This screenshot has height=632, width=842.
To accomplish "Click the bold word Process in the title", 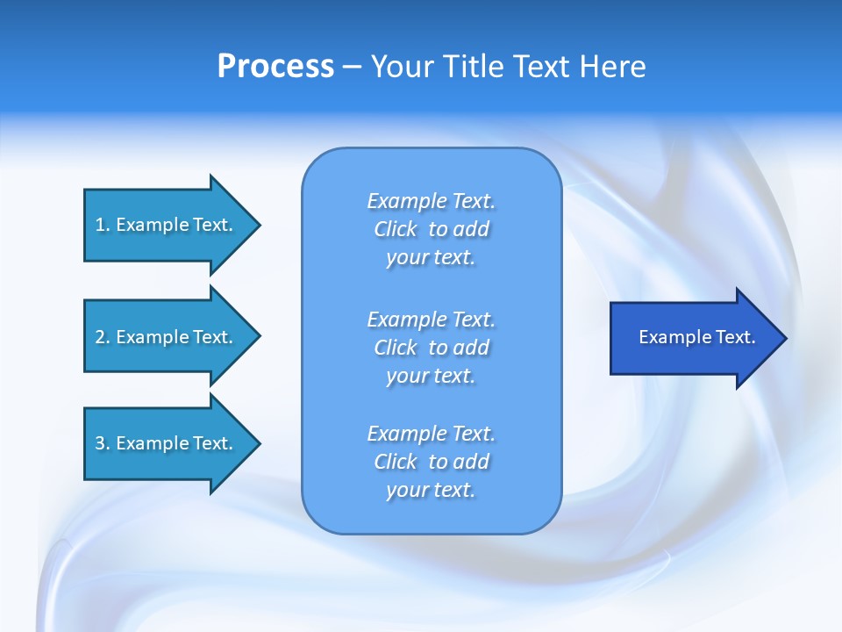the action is pyautogui.click(x=275, y=67).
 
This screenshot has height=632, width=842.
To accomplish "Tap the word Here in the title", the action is pyautogui.click(x=612, y=67).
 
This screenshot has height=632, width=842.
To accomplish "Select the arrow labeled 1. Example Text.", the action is pyautogui.click(x=172, y=226).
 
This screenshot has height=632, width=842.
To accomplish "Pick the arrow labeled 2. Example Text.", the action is pyautogui.click(x=172, y=336).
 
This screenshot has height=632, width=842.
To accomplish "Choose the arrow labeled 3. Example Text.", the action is pyautogui.click(x=172, y=443).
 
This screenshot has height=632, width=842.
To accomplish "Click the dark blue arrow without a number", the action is pyautogui.click(x=698, y=338).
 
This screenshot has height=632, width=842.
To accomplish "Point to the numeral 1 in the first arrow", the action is pyautogui.click(x=99, y=226).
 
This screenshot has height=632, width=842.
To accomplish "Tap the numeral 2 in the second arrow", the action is pyautogui.click(x=100, y=337).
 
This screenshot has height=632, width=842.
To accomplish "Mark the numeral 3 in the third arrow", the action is pyautogui.click(x=100, y=443).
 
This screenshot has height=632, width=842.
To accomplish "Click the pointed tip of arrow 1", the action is pyautogui.click(x=260, y=226).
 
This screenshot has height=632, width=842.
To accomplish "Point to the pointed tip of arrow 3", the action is pyautogui.click(x=260, y=444).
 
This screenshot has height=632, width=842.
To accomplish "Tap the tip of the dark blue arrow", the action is pyautogui.click(x=787, y=339).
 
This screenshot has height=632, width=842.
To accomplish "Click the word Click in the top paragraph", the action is pyautogui.click(x=396, y=229).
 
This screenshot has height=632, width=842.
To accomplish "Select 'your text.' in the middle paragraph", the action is pyautogui.click(x=431, y=377).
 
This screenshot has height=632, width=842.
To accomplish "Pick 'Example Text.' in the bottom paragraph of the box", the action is pyautogui.click(x=431, y=433).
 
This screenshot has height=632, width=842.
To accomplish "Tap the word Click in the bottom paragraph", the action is pyautogui.click(x=396, y=461).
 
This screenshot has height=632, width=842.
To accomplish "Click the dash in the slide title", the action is pyautogui.click(x=352, y=68).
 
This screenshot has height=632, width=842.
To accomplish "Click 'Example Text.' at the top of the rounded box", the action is pyautogui.click(x=431, y=200).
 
